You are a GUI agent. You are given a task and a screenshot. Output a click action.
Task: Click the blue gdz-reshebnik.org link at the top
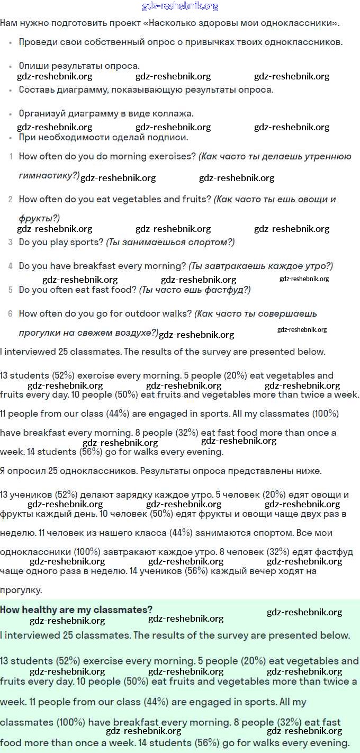180,6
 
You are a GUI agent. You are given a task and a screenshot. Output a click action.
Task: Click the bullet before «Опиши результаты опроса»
11,66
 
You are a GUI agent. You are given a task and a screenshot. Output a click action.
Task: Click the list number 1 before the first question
11,157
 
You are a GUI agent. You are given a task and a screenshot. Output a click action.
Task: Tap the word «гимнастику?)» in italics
49,176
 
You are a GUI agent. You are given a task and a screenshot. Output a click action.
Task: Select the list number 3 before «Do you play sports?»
11,243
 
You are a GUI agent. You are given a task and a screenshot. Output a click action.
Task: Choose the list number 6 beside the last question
11,314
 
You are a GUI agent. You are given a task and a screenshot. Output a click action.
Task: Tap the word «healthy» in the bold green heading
39,609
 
